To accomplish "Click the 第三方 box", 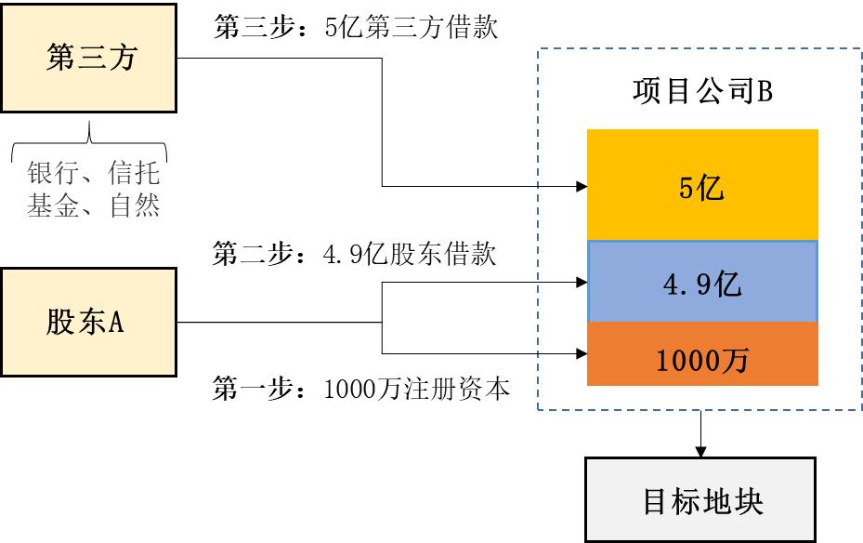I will click(89, 59).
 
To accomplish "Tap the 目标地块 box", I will click(700, 500).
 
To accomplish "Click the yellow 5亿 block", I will click(702, 188).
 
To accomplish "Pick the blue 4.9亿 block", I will click(702, 283).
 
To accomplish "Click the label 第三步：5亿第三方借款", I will click(356, 28).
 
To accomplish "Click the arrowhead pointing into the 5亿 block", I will click(582, 186).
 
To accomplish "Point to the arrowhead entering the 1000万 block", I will click(582, 353).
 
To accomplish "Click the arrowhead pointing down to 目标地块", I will click(701, 450).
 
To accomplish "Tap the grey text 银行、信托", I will click(94, 175).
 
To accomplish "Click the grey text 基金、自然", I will click(94, 205).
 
